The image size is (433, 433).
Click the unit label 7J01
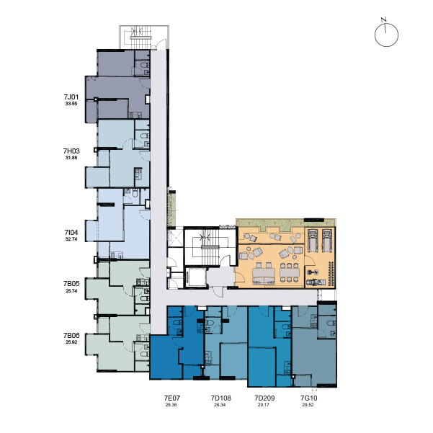[71, 97]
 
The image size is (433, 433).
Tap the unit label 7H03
[71, 151]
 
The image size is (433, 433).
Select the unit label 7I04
[71, 232]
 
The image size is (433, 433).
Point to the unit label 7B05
[71, 284]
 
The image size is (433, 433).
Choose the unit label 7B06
[71, 335]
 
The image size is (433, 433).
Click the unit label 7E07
[171, 398]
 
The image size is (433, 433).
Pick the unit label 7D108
[220, 398]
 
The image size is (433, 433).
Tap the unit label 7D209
[264, 398]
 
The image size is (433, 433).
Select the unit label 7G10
[309, 398]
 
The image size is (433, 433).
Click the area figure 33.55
[71, 104]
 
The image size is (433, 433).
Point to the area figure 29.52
[308, 405]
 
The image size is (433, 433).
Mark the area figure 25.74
[71, 291]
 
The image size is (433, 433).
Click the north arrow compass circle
[386, 35]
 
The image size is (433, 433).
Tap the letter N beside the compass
[383, 19]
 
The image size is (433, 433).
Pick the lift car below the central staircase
[196, 277]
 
